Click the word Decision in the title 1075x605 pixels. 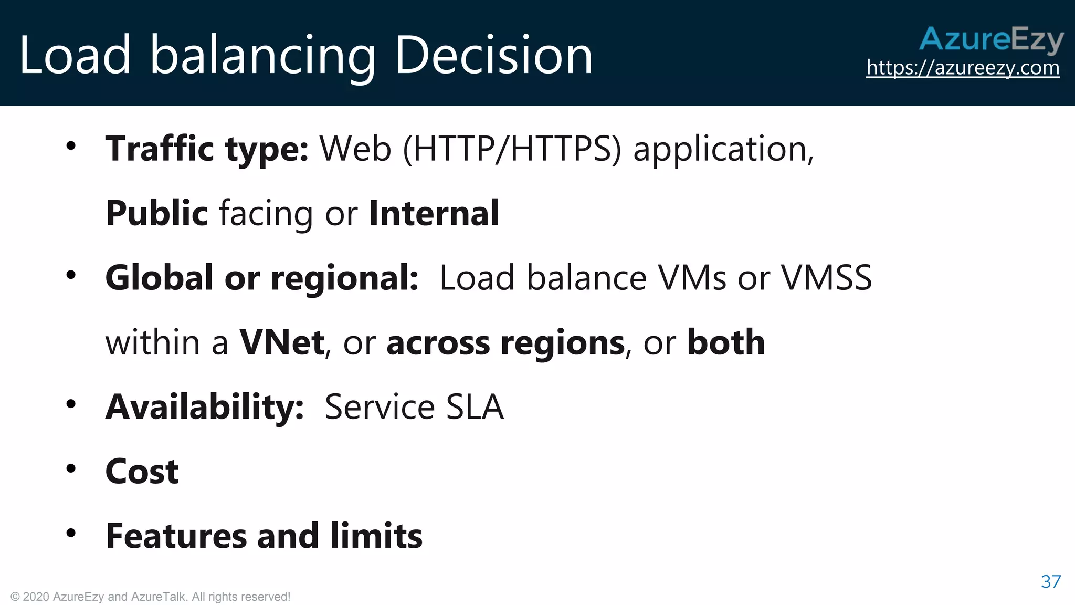tap(493, 55)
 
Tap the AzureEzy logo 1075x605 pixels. tap(991, 39)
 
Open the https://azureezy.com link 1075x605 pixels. tap(963, 68)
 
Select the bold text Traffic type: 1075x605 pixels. tap(207, 149)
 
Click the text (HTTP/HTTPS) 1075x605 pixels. tap(512, 149)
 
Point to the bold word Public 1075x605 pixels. tap(156, 213)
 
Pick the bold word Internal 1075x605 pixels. tap(434, 213)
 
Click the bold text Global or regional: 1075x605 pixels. tap(261, 278)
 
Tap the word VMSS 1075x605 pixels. tap(826, 278)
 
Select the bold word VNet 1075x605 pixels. tap(282, 342)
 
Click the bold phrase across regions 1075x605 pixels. tap(505, 342)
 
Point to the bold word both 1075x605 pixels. tap(725, 342)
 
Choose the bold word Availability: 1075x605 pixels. tap(205, 407)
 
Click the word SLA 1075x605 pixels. tap(475, 407)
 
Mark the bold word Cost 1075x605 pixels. tap(142, 472)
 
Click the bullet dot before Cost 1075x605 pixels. tap(71, 468)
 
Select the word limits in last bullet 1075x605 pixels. tap(376, 536)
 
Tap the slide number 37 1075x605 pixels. tap(1050, 581)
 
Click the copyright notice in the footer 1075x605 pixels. tap(151, 597)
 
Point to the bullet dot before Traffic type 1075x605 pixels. tap(71, 145)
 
